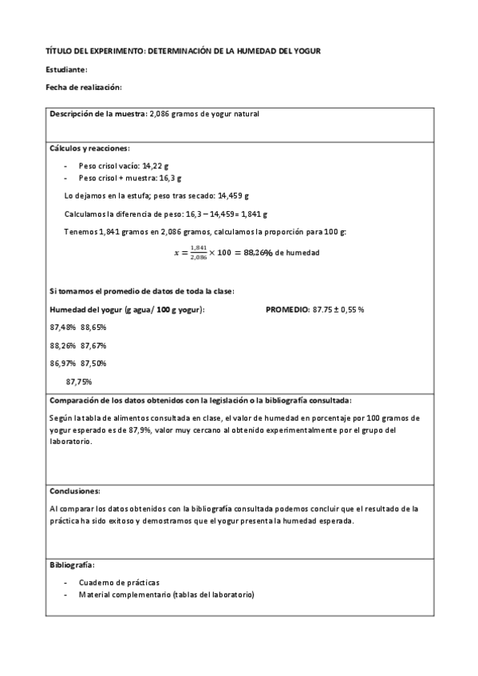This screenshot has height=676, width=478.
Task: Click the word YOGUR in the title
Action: click(x=308, y=51)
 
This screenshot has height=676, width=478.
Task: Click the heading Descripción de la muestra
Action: click(x=98, y=114)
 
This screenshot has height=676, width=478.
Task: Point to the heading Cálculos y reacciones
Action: click(x=89, y=148)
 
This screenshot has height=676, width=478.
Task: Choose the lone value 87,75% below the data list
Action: click(x=79, y=381)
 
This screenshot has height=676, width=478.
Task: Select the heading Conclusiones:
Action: click(x=74, y=491)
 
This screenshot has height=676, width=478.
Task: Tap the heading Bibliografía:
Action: click(x=72, y=564)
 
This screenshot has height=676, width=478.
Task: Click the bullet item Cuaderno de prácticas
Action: click(x=119, y=582)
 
